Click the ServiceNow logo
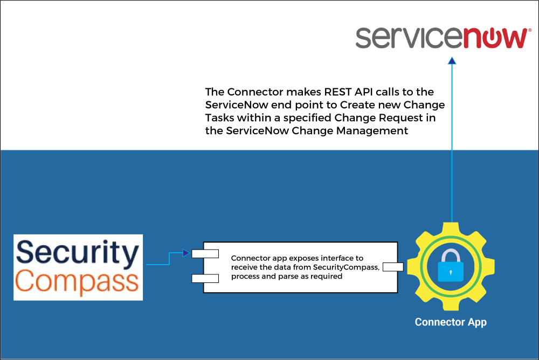coord(443,38)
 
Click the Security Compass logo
coord(78,267)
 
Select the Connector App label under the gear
coord(451,322)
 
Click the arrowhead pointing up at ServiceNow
coord(452,61)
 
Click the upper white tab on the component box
coord(205,254)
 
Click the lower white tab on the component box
coord(205,279)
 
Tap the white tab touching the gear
coord(393,267)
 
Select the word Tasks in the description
coord(220,118)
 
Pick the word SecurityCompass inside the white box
coord(346,267)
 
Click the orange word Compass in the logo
coord(77,282)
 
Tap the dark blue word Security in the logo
coord(78,253)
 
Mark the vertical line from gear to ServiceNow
coord(452,143)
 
